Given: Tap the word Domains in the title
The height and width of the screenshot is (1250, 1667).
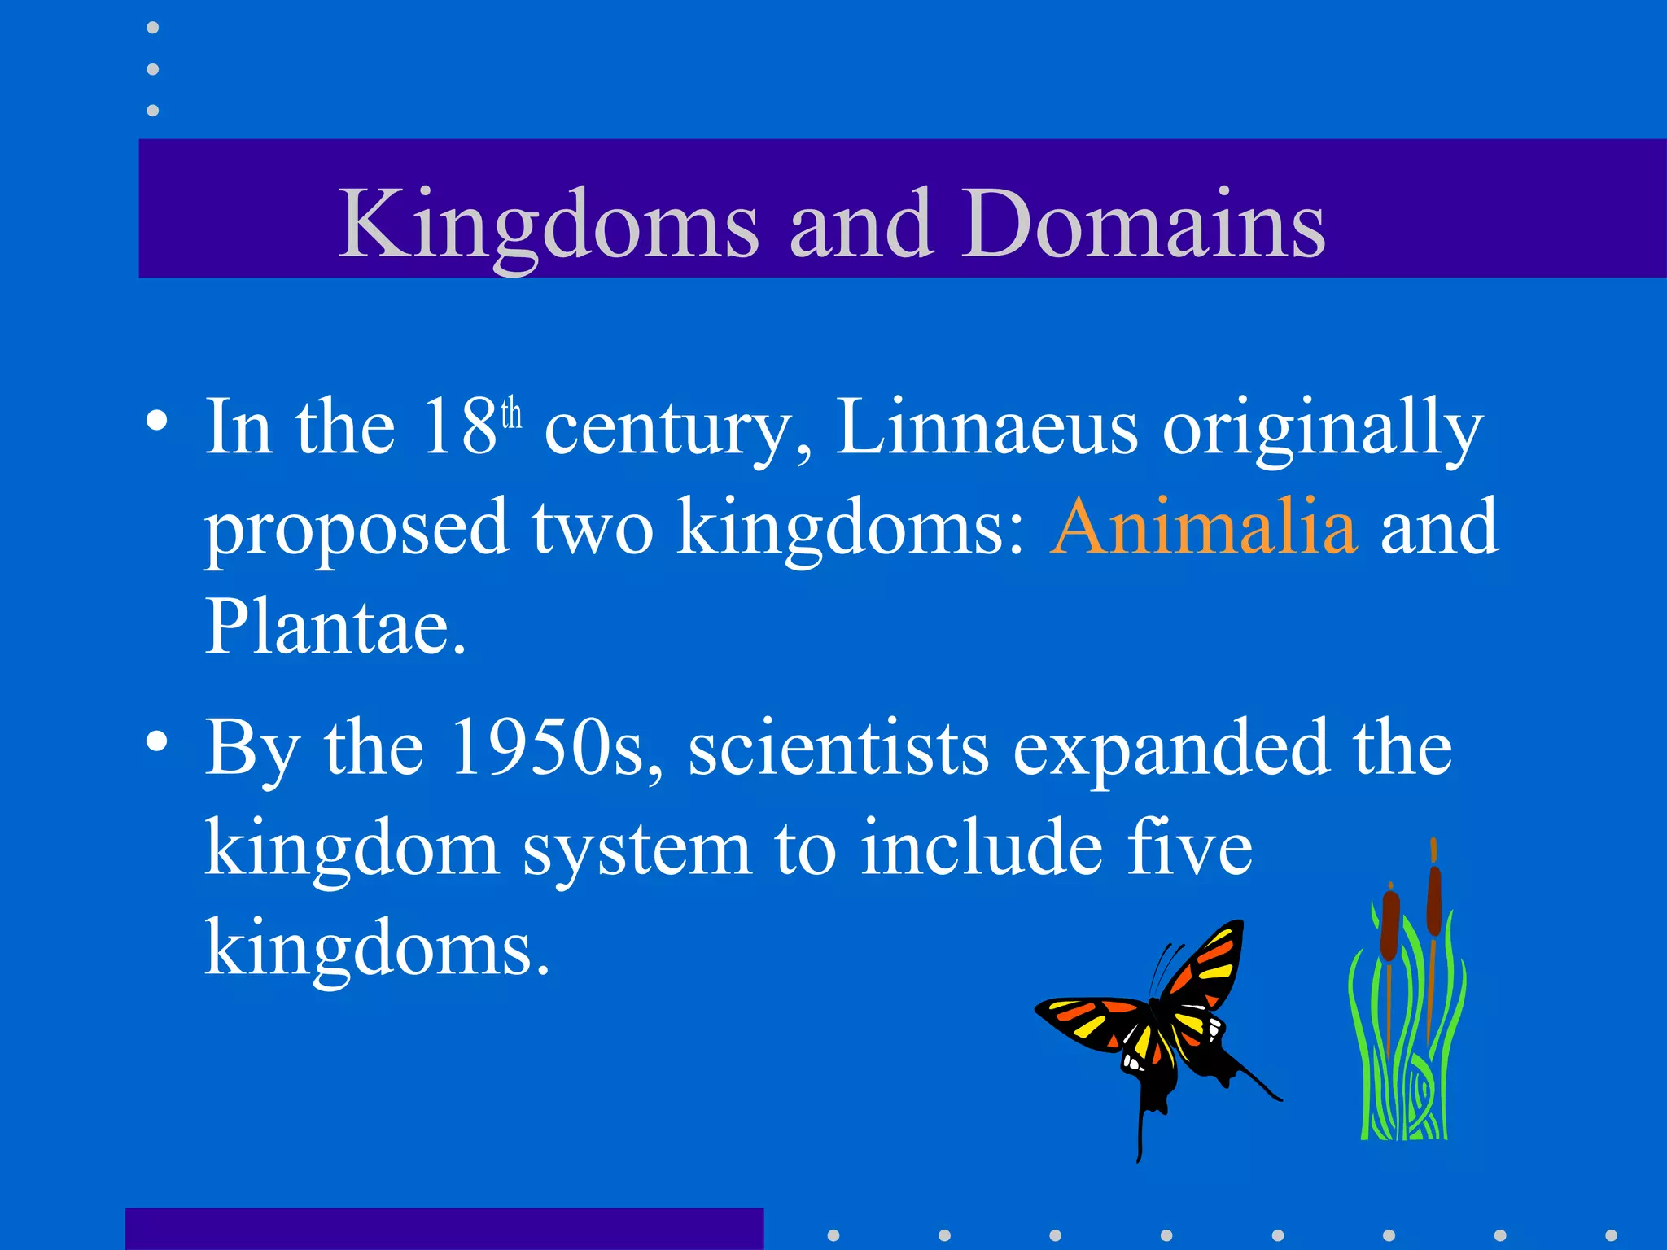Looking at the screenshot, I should [x=1144, y=224].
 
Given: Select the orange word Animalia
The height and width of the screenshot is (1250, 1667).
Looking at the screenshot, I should [x=1203, y=527].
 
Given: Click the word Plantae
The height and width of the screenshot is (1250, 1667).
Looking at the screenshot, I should [x=334, y=627].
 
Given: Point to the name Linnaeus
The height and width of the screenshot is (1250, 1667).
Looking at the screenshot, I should [x=986, y=427].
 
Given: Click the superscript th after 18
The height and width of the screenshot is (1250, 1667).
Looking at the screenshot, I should [x=511, y=413].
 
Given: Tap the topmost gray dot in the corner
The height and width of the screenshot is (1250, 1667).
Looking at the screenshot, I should [x=152, y=28].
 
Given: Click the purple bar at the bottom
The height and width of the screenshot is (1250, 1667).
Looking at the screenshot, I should [x=444, y=1229].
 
